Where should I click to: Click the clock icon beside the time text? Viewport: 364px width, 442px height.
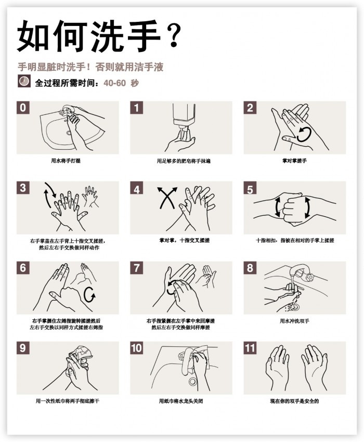24,81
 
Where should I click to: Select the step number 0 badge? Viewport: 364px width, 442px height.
23,108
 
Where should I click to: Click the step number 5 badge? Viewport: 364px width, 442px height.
250,188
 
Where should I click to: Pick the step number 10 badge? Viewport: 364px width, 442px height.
137,348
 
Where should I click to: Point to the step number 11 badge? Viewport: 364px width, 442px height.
250,348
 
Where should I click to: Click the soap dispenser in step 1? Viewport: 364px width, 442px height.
184,119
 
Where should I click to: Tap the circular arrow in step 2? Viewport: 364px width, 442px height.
304,134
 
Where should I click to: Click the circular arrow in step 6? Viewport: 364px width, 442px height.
89,295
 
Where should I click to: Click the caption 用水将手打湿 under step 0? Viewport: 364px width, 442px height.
66,161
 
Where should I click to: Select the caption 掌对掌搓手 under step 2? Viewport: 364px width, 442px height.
295,161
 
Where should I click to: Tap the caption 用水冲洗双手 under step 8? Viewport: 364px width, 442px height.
295,321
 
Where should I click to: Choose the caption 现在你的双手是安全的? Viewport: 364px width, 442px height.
295,401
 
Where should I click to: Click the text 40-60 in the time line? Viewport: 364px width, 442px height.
114,83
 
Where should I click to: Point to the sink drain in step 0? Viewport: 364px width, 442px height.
69,133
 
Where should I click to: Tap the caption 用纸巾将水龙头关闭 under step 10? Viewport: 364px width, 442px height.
181,401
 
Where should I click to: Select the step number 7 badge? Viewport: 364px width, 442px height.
137,268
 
